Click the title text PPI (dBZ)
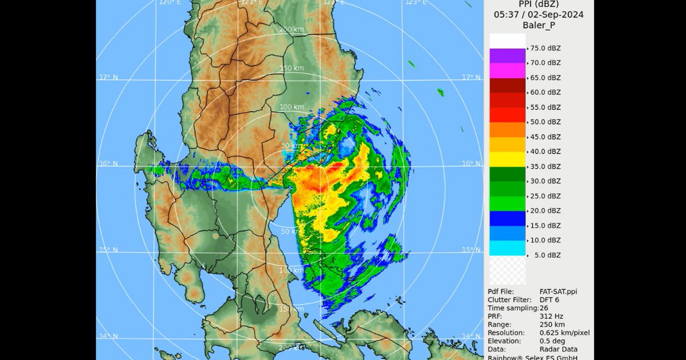pyautogui.click(x=539, y=4)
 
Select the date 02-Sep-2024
pyautogui.click(x=556, y=15)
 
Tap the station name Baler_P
pyautogui.click(x=539, y=26)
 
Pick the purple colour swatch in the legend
pyautogui.click(x=507, y=55)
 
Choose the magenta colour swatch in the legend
pyautogui.click(x=507, y=70)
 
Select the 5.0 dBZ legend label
pyautogui.click(x=547, y=255)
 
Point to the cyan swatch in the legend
pyautogui.click(x=507, y=248)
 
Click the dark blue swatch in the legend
pyautogui.click(x=507, y=218)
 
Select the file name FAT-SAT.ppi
pyautogui.click(x=558, y=291)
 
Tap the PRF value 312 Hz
pyautogui.click(x=551, y=316)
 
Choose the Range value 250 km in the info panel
pyautogui.click(x=552, y=325)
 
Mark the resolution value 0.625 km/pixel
pyautogui.click(x=565, y=333)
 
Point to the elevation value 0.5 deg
pyautogui.click(x=552, y=341)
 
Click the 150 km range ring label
pyautogui.click(x=292, y=69)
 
